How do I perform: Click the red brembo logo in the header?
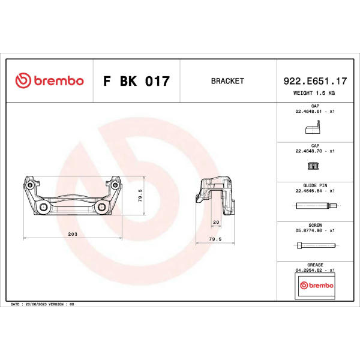point(49,80)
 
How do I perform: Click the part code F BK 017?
point(136,81)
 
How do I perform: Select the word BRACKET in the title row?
point(227,81)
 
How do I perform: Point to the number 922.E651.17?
point(315,81)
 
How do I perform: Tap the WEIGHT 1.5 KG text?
point(314,93)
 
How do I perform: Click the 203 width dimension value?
point(73,234)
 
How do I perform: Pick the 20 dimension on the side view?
point(216,222)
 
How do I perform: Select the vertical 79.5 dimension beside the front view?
point(140,196)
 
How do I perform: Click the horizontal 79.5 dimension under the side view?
point(215,239)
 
